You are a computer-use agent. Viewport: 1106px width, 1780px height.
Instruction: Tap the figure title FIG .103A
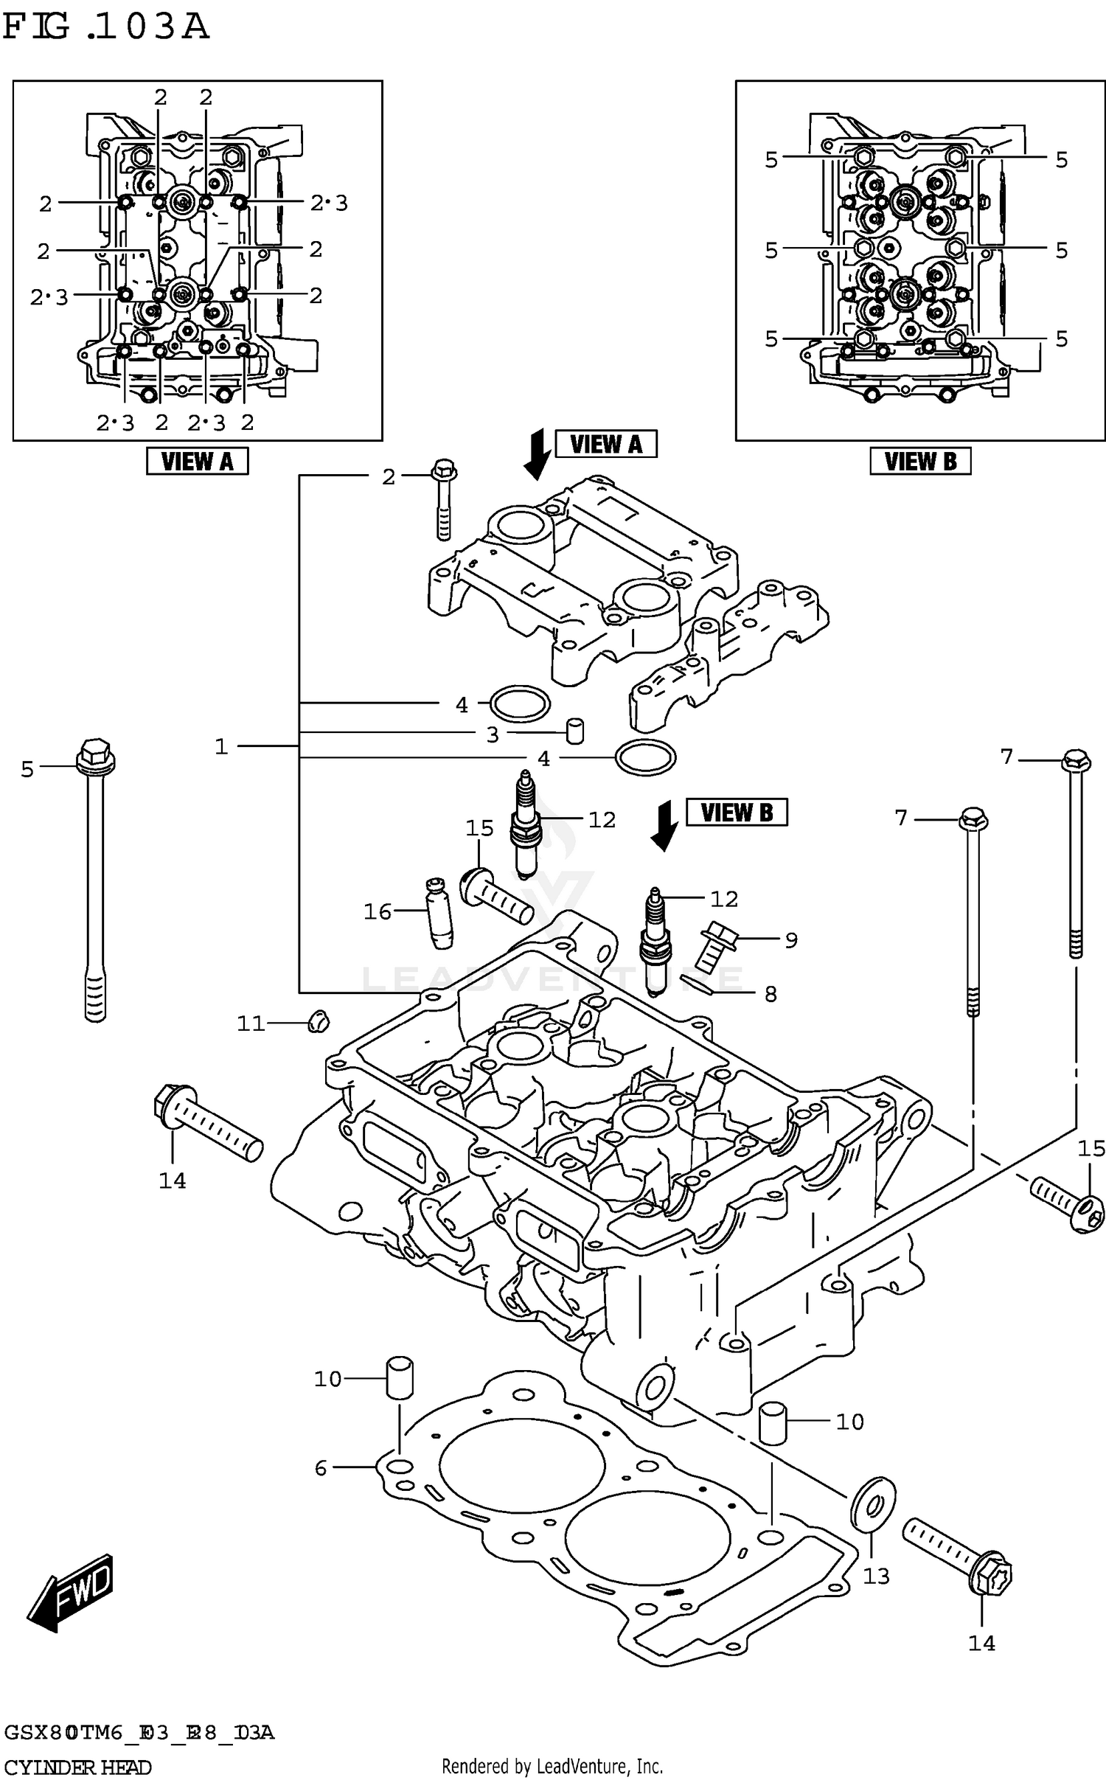(x=105, y=27)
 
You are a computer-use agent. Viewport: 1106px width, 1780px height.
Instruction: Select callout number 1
(x=221, y=747)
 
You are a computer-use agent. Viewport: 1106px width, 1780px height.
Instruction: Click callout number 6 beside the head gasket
(x=321, y=1468)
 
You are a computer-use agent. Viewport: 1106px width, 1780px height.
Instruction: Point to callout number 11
(x=251, y=1023)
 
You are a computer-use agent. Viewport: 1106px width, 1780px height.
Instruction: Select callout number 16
(x=378, y=912)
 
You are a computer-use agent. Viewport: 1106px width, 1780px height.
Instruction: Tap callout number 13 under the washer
(x=876, y=1576)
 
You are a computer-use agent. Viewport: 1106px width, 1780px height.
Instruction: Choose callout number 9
(x=791, y=940)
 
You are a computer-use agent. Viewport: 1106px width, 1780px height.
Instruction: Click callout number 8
(x=771, y=995)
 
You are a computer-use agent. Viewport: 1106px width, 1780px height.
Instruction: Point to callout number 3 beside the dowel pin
(x=493, y=734)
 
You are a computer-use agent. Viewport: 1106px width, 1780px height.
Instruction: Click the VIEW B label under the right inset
(x=919, y=462)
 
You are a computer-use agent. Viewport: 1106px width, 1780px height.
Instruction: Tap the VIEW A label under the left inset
(x=197, y=462)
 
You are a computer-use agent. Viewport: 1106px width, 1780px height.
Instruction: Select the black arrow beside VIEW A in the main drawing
(x=537, y=454)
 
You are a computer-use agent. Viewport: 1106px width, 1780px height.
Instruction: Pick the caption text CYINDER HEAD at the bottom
(x=77, y=1767)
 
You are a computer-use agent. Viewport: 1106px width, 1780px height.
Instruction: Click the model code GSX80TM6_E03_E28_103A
(x=139, y=1732)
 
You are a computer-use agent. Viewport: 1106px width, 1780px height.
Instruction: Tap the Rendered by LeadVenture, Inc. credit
(x=552, y=1766)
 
